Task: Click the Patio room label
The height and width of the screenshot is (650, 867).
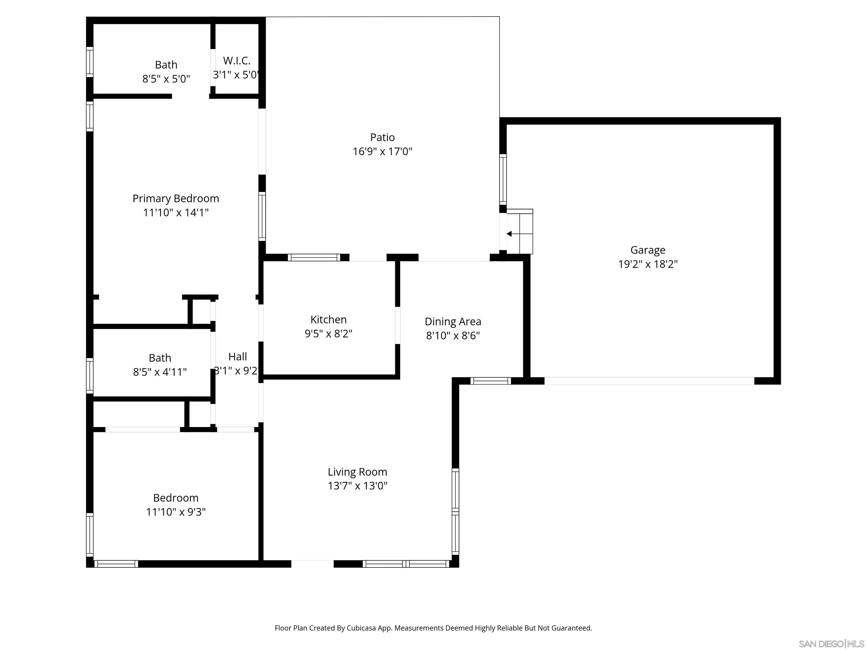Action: coord(382,137)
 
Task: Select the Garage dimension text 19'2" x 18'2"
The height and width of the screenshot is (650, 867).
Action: coord(647,264)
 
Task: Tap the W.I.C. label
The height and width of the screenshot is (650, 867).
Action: coord(237,61)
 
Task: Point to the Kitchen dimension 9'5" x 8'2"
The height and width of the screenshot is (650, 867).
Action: coord(329,333)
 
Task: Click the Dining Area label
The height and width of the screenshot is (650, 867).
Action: coord(453,321)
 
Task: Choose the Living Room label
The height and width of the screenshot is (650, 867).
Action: coord(357,472)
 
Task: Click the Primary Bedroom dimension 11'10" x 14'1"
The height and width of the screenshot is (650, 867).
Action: coord(176,212)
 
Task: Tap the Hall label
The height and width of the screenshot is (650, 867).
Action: coord(238,357)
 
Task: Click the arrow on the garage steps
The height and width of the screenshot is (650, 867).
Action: coord(509,234)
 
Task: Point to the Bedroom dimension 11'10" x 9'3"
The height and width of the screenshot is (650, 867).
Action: coord(176,512)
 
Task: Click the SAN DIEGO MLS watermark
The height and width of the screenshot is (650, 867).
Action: coord(831,644)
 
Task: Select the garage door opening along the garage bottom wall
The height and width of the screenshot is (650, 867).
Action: coord(649,381)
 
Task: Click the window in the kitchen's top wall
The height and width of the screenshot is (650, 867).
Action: coord(314,257)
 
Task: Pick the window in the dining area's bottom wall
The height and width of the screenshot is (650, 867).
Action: coord(490,381)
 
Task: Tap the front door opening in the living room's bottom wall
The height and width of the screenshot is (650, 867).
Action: coord(312,564)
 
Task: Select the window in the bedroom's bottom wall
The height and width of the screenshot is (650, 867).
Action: coord(116,564)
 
